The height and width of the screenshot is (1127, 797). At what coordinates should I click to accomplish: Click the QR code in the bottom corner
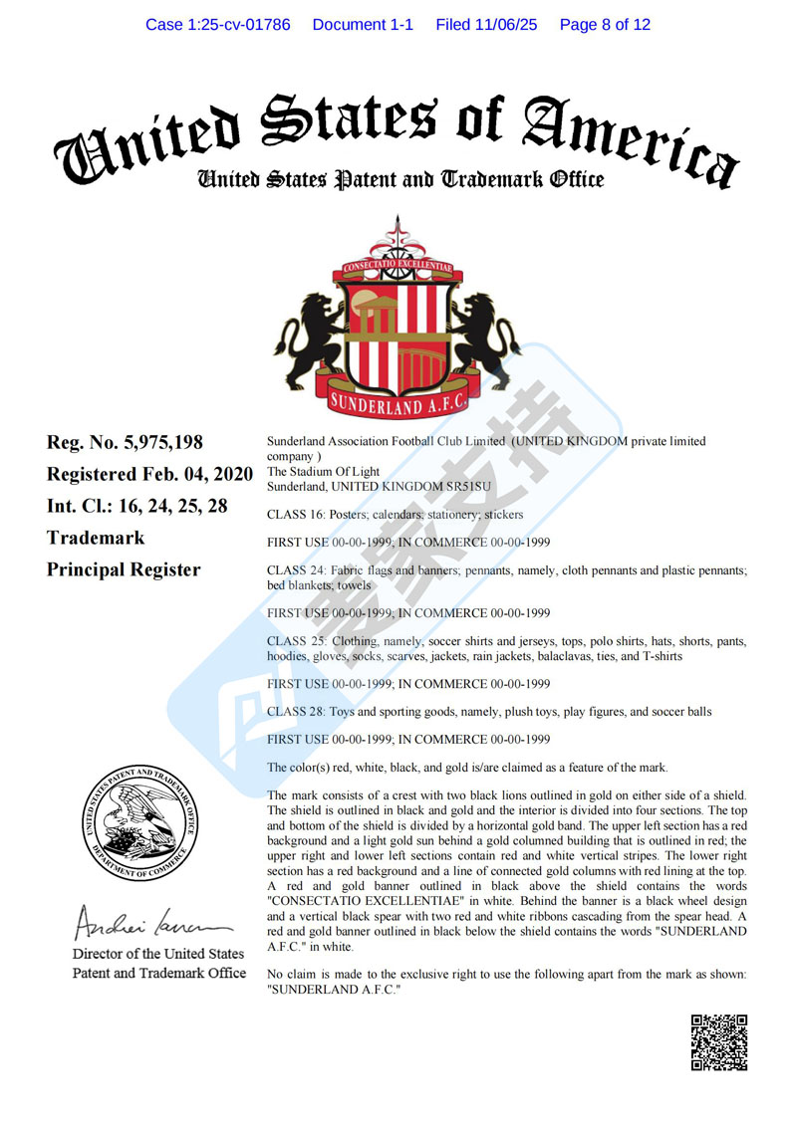(718, 1041)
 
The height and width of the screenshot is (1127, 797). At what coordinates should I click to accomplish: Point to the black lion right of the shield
(488, 333)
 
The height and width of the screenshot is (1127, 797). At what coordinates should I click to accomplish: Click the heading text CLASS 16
(295, 516)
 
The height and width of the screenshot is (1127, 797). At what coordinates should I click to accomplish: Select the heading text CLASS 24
(295, 570)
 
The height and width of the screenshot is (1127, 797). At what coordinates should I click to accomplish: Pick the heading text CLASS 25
(295, 641)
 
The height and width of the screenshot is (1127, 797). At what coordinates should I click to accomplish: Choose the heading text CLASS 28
(295, 712)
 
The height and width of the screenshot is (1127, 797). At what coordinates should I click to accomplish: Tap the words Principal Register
(124, 569)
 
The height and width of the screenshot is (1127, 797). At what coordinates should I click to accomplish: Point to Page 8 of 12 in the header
(605, 25)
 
